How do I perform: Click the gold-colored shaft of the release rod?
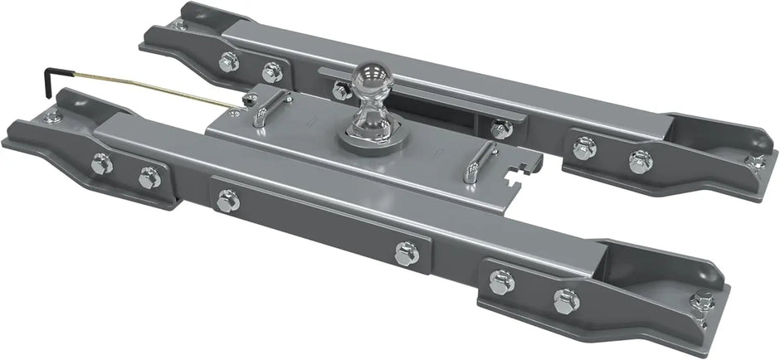149,86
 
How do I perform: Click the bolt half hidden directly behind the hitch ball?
340,89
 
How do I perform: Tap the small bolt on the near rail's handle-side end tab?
51,115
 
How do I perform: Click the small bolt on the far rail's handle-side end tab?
181,26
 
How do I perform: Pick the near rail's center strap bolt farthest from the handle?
406,253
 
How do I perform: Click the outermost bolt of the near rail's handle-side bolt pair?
102,163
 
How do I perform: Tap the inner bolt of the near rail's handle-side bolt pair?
149,177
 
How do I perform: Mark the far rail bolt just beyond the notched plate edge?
500,129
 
